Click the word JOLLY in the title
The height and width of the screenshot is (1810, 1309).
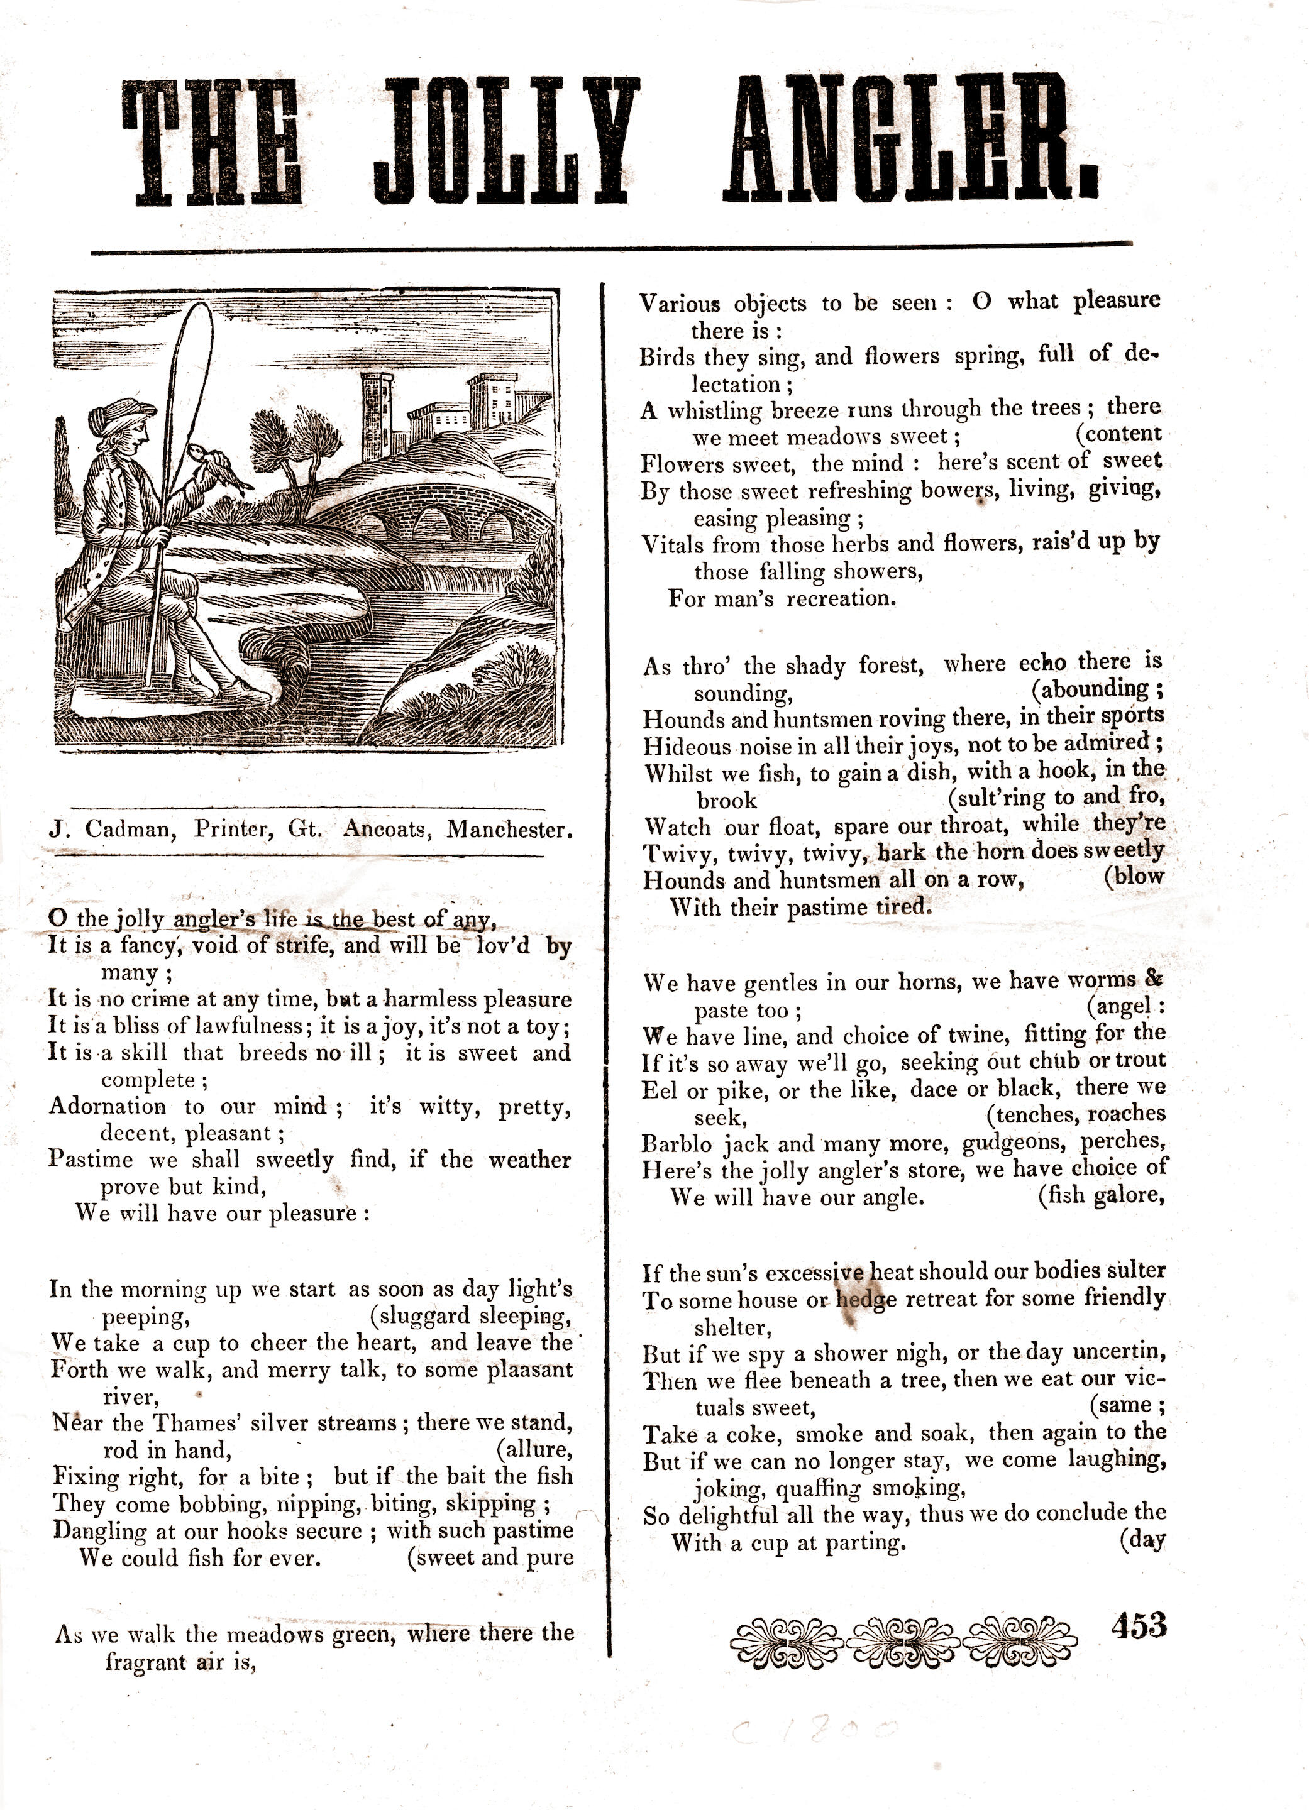[507, 141]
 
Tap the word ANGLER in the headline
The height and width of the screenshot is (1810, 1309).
[910, 141]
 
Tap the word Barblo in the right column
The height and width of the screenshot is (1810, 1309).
[678, 1144]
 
